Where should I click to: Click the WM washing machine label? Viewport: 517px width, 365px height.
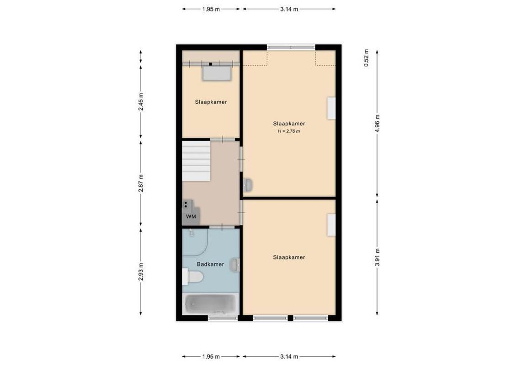tap(191, 217)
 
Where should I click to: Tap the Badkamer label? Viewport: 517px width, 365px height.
tap(210, 264)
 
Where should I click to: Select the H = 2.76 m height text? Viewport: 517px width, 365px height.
tap(289, 131)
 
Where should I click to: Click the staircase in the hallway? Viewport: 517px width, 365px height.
tap(196, 161)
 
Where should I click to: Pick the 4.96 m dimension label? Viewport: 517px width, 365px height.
tap(377, 123)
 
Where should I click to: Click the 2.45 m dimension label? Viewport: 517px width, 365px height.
tap(141, 102)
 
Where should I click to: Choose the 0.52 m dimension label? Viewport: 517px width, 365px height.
tap(366, 58)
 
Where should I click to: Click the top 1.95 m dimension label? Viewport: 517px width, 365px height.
tap(211, 9)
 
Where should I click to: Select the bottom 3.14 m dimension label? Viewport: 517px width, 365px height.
tap(289, 356)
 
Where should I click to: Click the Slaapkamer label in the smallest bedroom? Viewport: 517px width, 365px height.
tap(211, 102)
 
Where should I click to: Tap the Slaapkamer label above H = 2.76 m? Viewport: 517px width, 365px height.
tap(289, 123)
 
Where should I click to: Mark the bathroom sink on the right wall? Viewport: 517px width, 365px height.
tap(235, 264)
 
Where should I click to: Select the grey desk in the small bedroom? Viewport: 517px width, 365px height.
tap(217, 73)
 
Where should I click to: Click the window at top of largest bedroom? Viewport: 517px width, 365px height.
tap(291, 47)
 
